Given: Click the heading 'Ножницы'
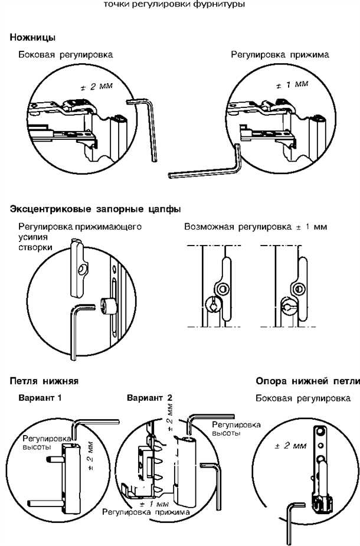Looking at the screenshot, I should [32, 38].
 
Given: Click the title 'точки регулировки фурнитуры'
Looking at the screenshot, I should [174, 5].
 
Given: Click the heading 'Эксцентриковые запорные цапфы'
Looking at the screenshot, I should [95, 209].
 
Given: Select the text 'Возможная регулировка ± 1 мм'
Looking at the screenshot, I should [256, 227].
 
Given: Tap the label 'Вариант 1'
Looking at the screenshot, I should [40, 398].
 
